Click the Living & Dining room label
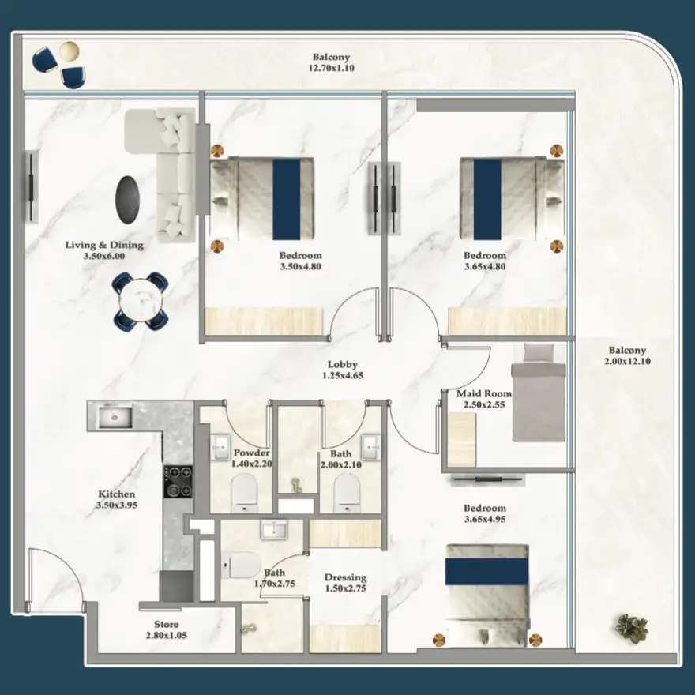click(95, 245)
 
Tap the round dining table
click(141, 300)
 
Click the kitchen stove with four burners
click(178, 481)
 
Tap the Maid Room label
click(483, 393)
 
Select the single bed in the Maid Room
click(539, 392)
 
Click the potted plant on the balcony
click(631, 627)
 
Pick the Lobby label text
click(342, 365)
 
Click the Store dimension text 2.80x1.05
click(167, 635)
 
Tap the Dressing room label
click(345, 578)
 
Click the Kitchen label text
click(116, 494)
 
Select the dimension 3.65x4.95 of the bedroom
click(485, 520)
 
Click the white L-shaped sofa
click(163, 170)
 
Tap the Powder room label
click(252, 453)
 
